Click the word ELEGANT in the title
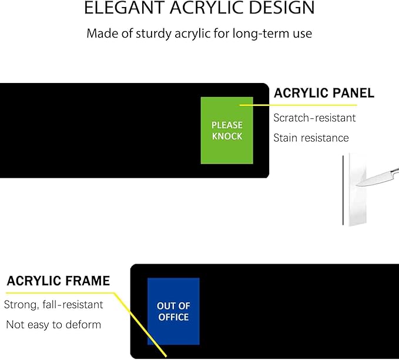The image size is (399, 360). (125, 8)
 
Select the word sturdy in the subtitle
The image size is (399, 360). (153, 34)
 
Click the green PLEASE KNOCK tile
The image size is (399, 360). (227, 131)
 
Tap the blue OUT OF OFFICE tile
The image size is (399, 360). (173, 311)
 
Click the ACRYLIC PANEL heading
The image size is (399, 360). (324, 93)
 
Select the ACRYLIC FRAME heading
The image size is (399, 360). (58, 281)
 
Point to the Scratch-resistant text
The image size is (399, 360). (314, 118)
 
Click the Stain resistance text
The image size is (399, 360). (311, 138)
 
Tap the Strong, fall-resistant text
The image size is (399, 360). (53, 305)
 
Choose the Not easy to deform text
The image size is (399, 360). (53, 325)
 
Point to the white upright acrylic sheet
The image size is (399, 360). (357, 189)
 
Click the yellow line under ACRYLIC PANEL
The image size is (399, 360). (299, 105)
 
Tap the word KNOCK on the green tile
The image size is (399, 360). (227, 136)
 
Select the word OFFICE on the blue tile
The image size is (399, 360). (173, 317)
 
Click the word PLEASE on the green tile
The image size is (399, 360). (227, 125)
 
